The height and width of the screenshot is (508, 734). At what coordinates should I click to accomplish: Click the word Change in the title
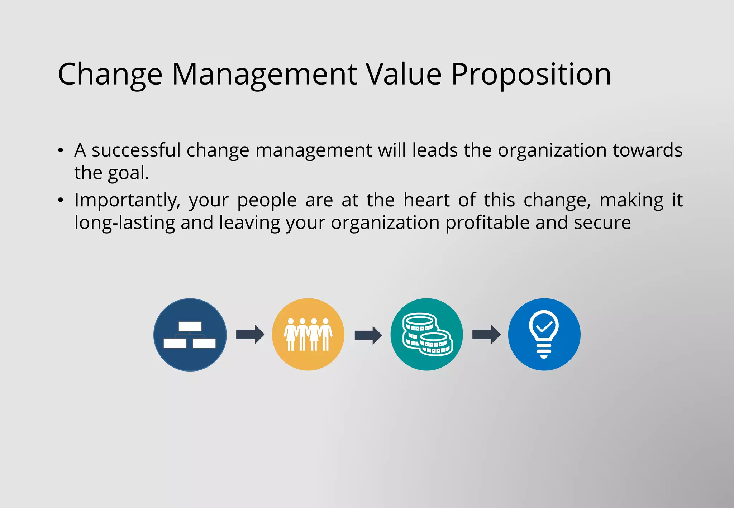(110, 74)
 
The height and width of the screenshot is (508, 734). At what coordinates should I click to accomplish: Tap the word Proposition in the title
(531, 74)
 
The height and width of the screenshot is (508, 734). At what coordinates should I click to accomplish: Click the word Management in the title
(264, 74)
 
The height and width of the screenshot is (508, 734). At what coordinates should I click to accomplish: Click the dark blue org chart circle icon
(190, 335)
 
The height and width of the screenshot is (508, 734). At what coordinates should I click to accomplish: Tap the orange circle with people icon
(308, 335)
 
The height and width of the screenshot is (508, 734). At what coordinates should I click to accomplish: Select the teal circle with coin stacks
(426, 335)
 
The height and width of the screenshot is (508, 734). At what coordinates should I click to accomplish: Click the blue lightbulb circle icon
(544, 335)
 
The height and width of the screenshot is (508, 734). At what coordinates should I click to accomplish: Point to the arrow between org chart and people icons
(250, 335)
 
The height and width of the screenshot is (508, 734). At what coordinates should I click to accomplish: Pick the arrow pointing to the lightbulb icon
(486, 335)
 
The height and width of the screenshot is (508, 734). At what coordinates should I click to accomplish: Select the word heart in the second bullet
(426, 200)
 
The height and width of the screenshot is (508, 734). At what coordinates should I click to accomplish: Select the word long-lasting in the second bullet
(124, 223)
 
